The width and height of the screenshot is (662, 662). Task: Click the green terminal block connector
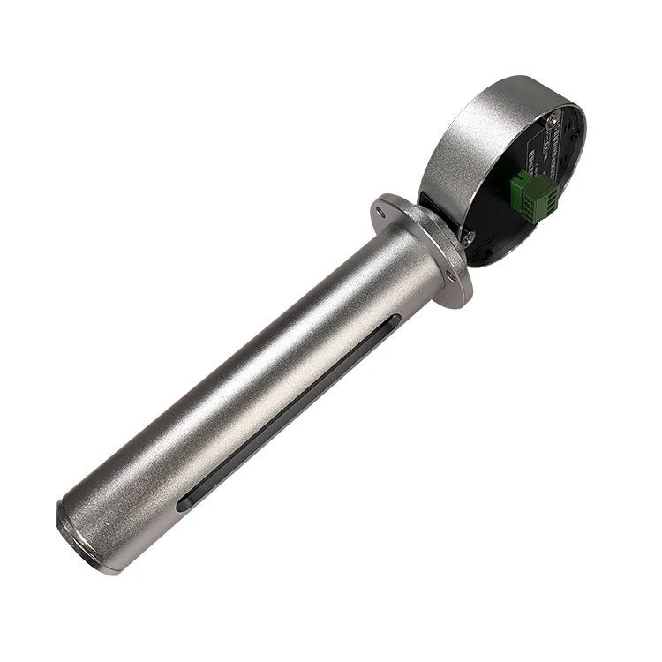(x=533, y=192)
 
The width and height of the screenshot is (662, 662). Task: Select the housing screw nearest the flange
(x=469, y=237)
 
